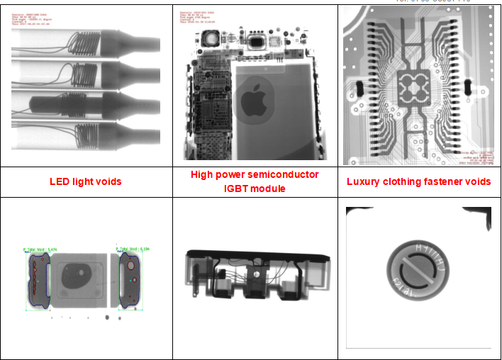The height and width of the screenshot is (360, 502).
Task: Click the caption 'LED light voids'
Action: pyautogui.click(x=85, y=181)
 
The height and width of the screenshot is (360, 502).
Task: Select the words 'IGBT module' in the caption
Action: pyautogui.click(x=254, y=189)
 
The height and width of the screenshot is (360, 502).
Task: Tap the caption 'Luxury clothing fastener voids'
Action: pyautogui.click(x=418, y=181)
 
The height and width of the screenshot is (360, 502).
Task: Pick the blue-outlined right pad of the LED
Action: pyautogui.click(x=130, y=279)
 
